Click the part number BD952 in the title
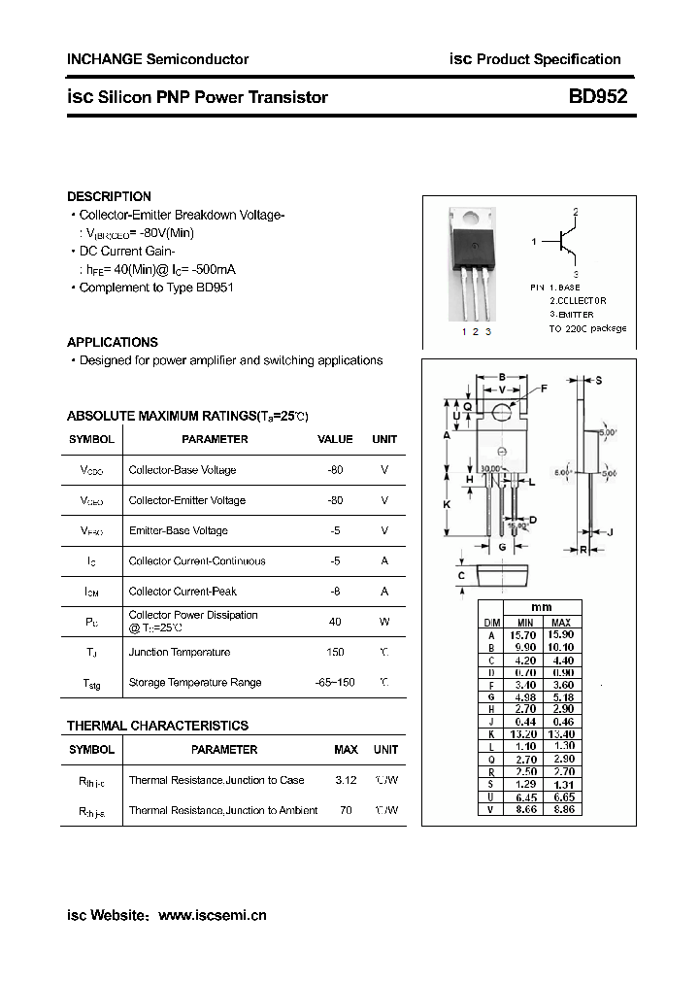coord(598,96)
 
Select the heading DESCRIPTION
coord(109,196)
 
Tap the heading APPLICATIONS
coord(113,342)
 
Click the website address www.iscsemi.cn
coord(212,915)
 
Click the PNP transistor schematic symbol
coord(563,243)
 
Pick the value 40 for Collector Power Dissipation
coord(335,622)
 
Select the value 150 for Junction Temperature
coord(335,652)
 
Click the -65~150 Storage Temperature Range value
coord(335,682)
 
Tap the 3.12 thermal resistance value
coord(346,780)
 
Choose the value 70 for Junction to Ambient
coord(346,810)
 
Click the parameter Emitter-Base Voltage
coord(179,530)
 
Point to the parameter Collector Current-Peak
coord(183,591)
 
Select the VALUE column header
coord(335,439)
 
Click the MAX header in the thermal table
coord(346,750)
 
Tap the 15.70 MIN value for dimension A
coord(524,634)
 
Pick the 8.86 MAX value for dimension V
coord(560,808)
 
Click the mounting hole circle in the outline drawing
coord(502,413)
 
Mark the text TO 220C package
coord(587,328)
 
